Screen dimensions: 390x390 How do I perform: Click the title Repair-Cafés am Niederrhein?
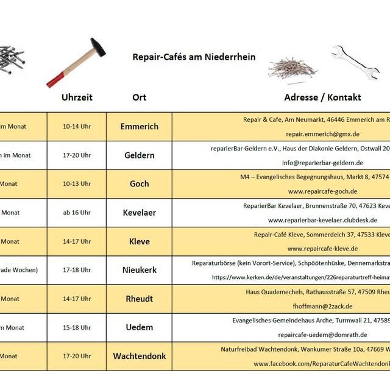coord(194,57)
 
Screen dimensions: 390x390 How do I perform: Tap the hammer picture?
coord(77,62)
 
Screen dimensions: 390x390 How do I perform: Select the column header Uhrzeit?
coord(77,97)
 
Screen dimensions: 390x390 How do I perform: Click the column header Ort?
coord(139,97)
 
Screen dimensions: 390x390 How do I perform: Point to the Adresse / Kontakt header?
coord(322,97)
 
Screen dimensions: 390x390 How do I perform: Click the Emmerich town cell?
coord(140,127)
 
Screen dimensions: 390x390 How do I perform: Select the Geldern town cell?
coord(140,155)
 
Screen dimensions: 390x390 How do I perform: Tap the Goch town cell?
coord(140,184)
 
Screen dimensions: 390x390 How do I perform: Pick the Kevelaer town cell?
coord(140,213)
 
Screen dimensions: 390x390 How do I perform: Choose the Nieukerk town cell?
coord(140,270)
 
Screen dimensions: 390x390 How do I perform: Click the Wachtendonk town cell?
coord(140,356)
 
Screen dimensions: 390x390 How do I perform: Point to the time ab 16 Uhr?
coord(77,213)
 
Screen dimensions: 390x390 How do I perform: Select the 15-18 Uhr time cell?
coord(77,327)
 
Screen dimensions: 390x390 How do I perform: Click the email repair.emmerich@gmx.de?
coord(322,134)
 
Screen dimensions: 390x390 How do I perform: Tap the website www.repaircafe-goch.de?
coord(322,191)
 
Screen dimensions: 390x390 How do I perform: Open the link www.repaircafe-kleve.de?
coord(322,249)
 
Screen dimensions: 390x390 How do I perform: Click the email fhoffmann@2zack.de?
coord(322,306)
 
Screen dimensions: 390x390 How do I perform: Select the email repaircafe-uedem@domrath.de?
coord(322,335)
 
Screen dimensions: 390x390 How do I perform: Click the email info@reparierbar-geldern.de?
coord(322,163)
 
